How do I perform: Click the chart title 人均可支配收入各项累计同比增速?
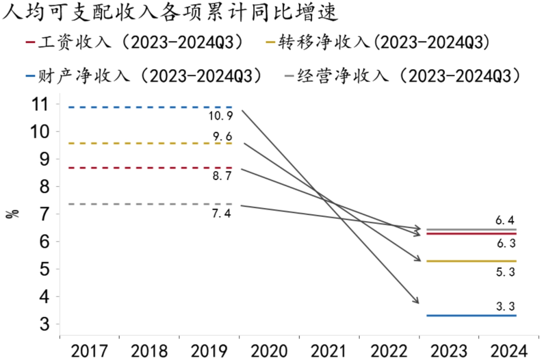pos(171,13)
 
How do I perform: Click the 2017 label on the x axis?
pos(89,350)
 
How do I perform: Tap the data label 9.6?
pos(221,136)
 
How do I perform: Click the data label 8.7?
pos(221,176)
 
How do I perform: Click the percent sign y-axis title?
pos(15,213)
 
